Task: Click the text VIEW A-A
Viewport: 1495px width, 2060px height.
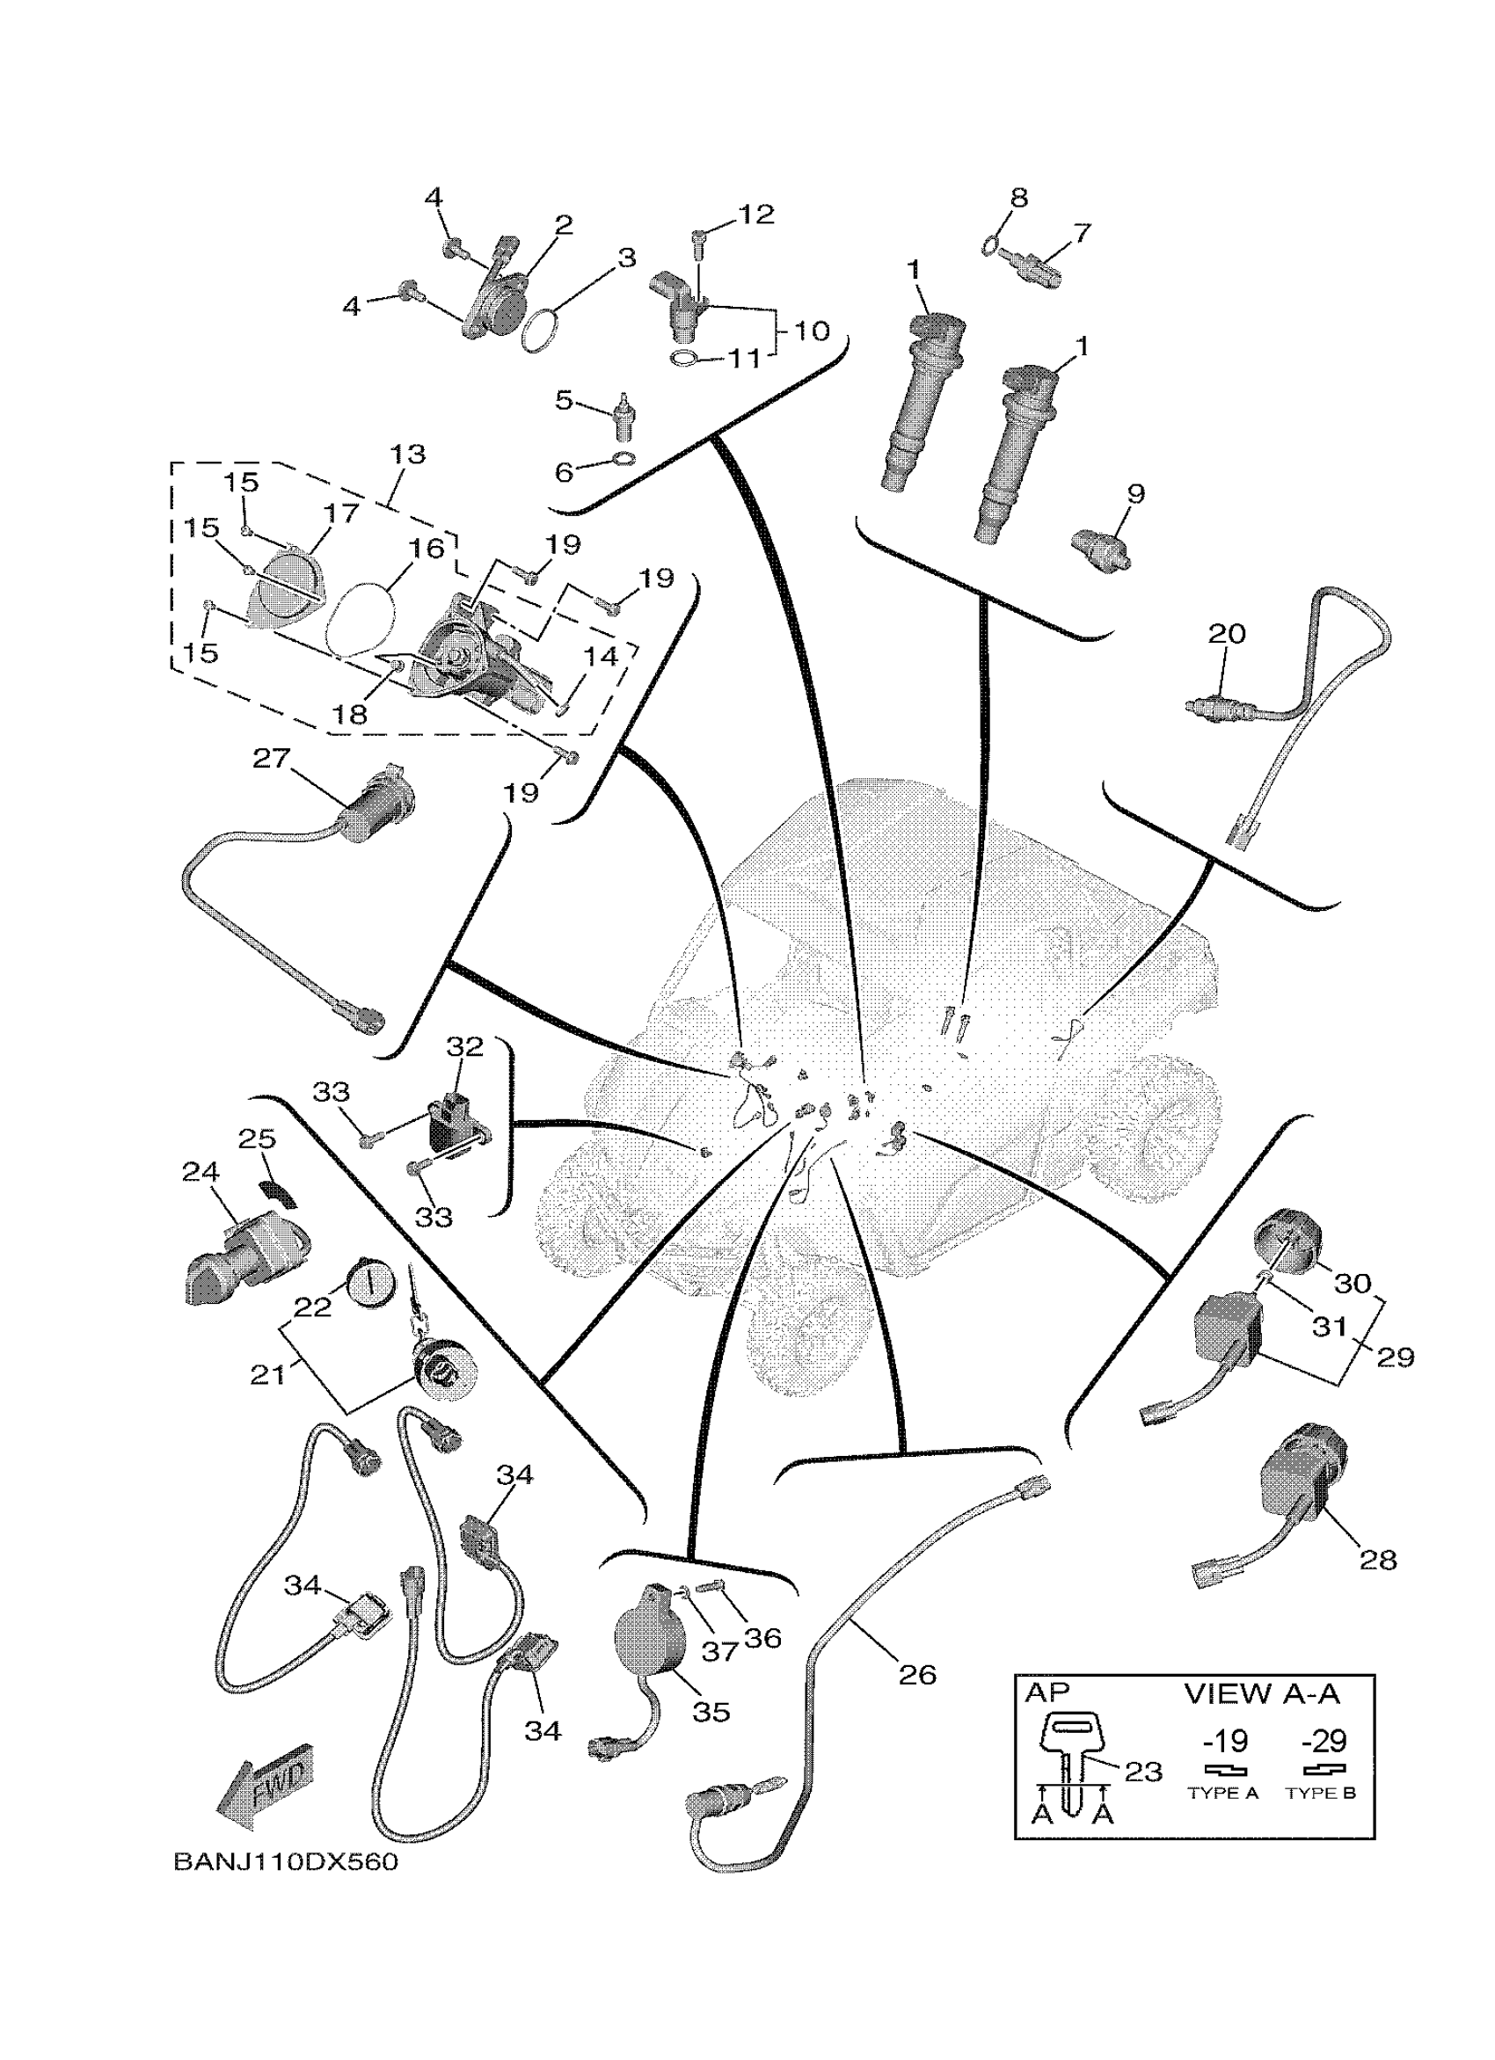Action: click(1262, 1693)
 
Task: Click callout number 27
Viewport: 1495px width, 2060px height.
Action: click(270, 758)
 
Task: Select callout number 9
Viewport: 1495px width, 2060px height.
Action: click(1135, 494)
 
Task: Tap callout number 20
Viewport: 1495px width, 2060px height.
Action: click(1226, 633)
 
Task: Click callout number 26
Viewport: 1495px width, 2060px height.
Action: click(916, 1674)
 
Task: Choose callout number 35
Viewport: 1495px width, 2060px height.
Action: click(711, 1711)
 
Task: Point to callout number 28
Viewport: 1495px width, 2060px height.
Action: click(1377, 1560)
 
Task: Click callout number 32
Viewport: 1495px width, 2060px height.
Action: click(464, 1046)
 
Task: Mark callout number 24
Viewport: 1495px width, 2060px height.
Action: click(201, 1172)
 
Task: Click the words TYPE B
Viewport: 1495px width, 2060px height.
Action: click(1321, 1793)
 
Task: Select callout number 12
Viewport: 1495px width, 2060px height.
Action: click(755, 215)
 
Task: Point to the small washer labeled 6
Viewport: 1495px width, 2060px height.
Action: click(624, 456)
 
